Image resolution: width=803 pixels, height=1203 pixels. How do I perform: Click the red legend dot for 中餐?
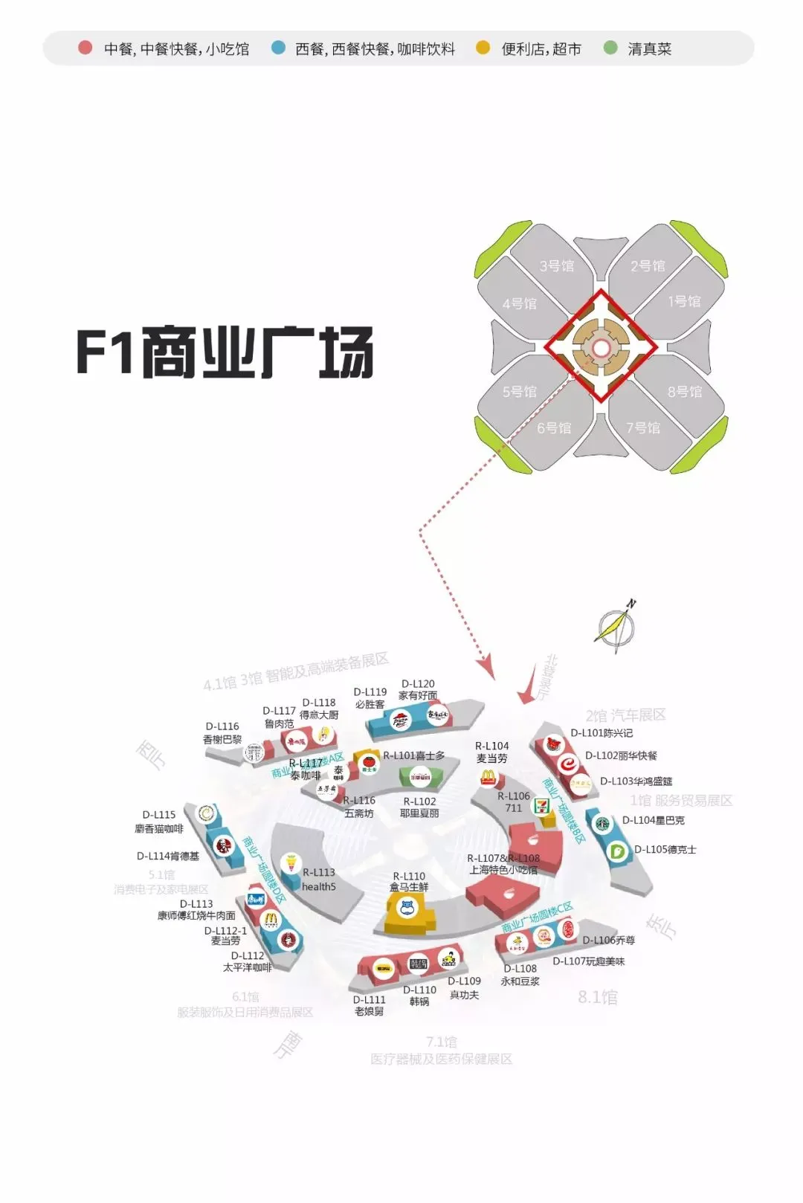[x=86, y=48]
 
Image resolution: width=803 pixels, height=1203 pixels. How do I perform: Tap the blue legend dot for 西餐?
[x=279, y=48]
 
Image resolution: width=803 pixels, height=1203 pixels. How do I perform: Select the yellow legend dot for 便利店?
[x=483, y=48]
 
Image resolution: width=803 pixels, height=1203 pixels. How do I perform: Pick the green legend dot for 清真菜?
[x=610, y=48]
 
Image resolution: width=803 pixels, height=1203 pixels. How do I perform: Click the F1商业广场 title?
[x=225, y=352]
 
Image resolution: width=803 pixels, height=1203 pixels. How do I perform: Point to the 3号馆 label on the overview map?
[x=557, y=265]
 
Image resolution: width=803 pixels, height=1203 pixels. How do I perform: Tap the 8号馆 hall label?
[x=684, y=391]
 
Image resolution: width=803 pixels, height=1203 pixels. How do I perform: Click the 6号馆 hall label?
[x=555, y=428]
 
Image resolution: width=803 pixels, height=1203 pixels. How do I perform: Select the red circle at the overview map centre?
[x=601, y=347]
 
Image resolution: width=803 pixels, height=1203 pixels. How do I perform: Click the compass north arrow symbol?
[x=616, y=626]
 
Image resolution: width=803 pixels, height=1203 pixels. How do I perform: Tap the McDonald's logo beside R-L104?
[x=488, y=778]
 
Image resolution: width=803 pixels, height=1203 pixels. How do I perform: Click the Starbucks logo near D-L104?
[x=601, y=824]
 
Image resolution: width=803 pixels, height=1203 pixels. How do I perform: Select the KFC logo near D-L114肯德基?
[x=222, y=845]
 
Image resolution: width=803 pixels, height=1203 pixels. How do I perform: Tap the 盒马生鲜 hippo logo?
[x=407, y=907]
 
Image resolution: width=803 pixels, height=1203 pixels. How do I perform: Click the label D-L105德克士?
[x=665, y=849]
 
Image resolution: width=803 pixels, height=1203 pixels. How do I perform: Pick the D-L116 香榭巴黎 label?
[x=222, y=732]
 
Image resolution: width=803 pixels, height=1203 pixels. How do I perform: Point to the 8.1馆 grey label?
[x=598, y=997]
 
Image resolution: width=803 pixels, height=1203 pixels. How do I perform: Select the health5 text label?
[x=318, y=886]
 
